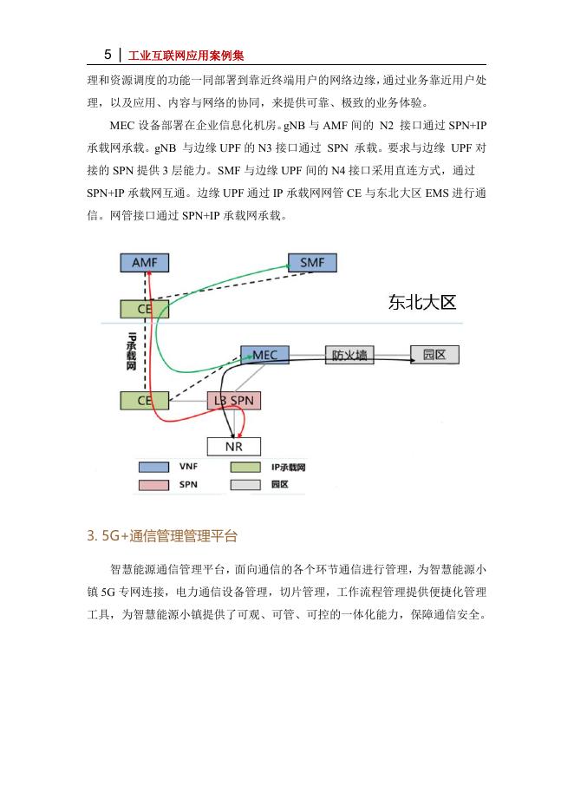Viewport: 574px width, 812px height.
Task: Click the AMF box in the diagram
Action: tap(144, 263)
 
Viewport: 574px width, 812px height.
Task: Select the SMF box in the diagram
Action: tap(312, 263)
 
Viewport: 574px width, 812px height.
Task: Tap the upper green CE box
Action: tap(144, 308)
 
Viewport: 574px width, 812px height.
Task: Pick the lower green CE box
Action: tap(144, 400)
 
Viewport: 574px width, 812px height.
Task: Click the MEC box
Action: tap(264, 355)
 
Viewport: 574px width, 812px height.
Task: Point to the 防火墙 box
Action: tap(349, 355)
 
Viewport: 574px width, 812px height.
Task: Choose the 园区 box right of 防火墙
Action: tap(434, 355)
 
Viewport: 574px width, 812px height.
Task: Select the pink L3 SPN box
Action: tap(234, 400)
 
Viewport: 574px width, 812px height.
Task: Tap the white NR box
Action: tap(233, 446)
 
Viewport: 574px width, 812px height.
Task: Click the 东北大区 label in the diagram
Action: tap(422, 304)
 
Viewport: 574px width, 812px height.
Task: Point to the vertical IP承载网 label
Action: tap(132, 351)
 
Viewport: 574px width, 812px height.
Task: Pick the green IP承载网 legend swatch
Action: tap(245, 467)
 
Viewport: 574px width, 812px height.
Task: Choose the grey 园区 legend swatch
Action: tap(245, 485)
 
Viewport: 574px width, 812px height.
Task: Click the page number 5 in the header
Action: tap(108, 55)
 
